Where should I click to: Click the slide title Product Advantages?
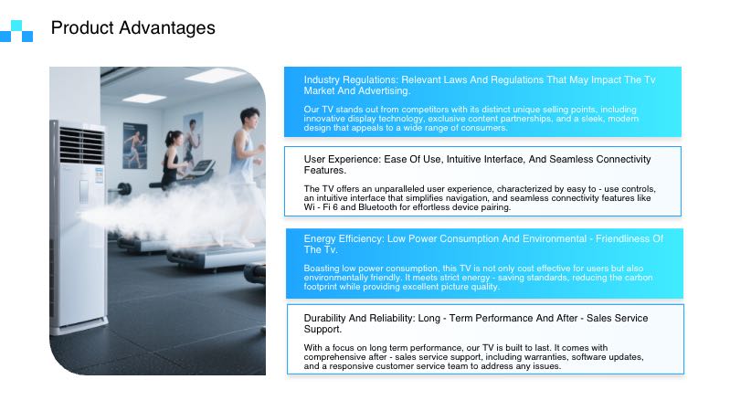(x=132, y=28)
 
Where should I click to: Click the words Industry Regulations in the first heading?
(x=344, y=80)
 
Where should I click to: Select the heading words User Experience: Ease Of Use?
(x=383, y=159)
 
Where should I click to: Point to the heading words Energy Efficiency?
(x=344, y=238)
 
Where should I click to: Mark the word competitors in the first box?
(x=412, y=110)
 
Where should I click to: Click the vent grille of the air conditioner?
(x=81, y=146)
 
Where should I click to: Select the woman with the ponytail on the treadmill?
(x=174, y=155)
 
